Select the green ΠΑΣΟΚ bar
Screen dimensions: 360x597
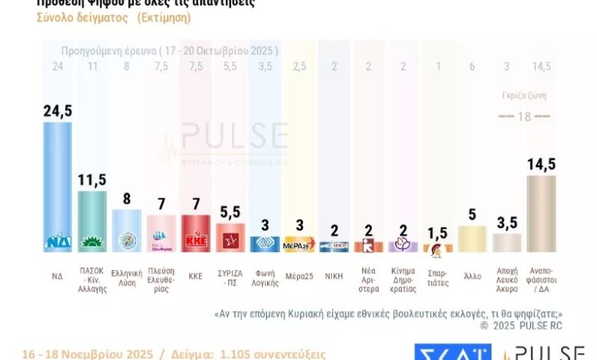pos(93,222)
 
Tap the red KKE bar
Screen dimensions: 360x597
pos(195,234)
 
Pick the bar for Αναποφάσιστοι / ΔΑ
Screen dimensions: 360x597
pos(540,214)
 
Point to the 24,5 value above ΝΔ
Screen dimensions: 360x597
pos(57,111)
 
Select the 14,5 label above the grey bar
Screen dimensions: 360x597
pos(540,164)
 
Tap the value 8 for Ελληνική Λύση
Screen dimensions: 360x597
pos(126,198)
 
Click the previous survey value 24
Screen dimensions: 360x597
pos(57,67)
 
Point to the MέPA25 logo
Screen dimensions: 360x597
pos(298,246)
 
